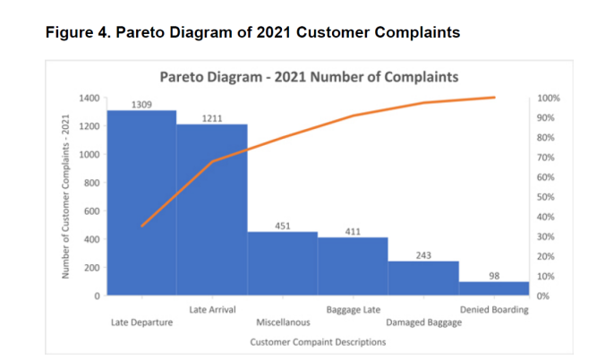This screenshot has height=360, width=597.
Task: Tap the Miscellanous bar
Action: pos(283,263)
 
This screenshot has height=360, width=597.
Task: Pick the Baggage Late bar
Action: pos(353,266)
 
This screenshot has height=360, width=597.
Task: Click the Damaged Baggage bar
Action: pos(423,279)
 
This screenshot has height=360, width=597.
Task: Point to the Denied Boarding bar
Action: pos(494,288)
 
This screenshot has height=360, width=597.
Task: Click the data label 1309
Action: pos(141,105)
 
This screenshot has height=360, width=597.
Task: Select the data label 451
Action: pos(283,227)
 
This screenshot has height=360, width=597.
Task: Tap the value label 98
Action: pos(494,277)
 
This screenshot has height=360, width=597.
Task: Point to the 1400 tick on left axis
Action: pos(88,98)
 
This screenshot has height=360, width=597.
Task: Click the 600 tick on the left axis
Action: pos(90,211)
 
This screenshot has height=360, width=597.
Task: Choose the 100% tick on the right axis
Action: pos(548,98)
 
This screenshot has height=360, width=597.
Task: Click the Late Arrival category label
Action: pos(213,310)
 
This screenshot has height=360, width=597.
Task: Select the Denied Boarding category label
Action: pos(494,310)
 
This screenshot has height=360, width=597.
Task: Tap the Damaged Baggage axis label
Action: pos(424,322)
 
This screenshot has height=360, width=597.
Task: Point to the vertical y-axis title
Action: pos(65,197)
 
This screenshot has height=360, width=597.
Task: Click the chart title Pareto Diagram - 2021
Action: pos(309,76)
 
